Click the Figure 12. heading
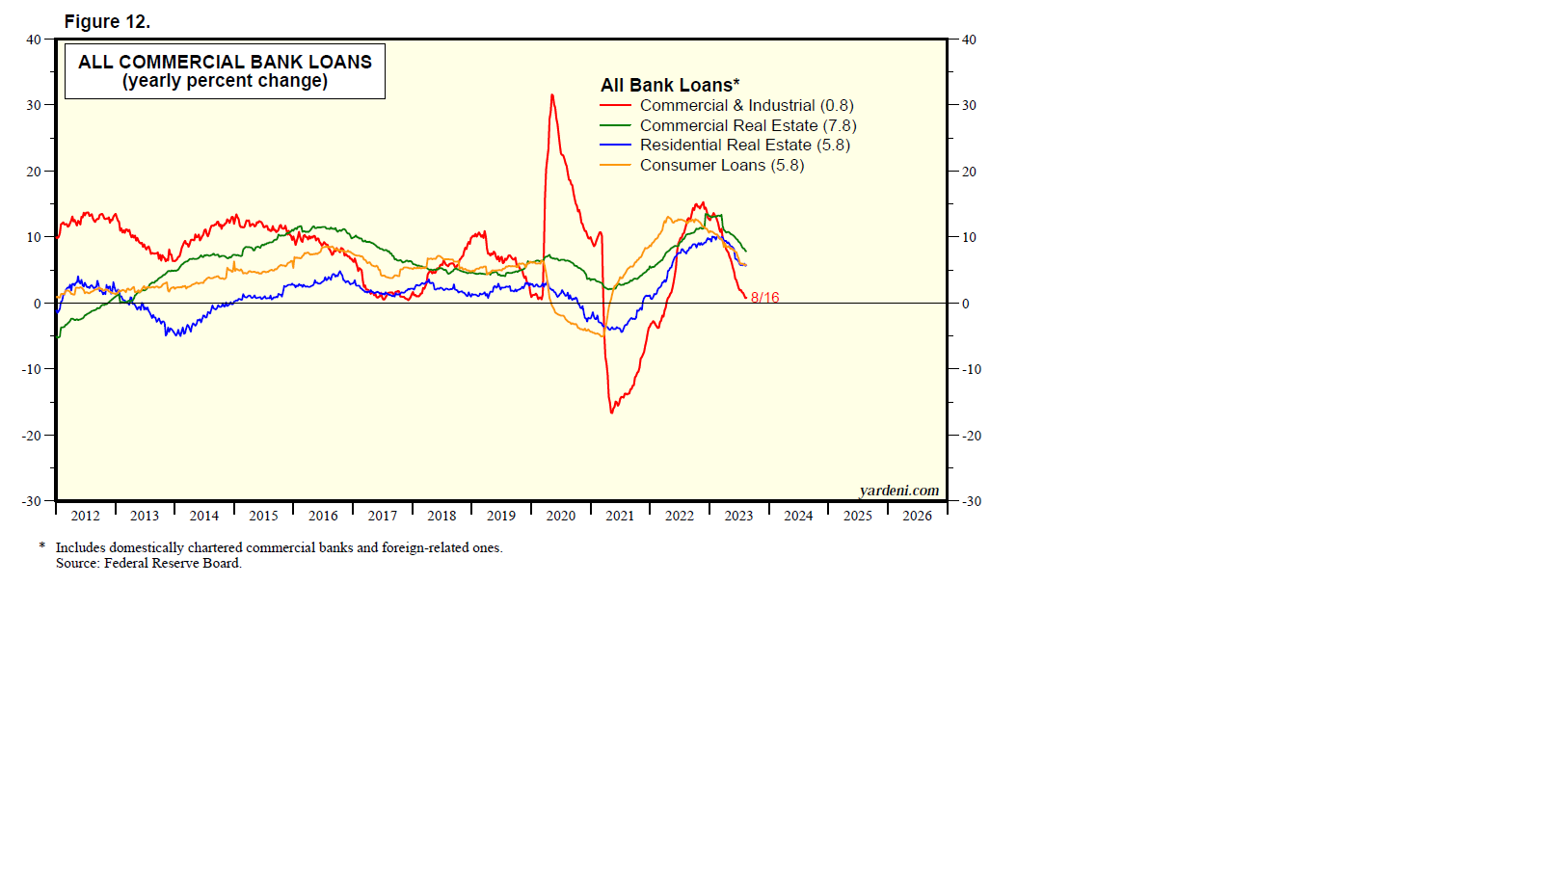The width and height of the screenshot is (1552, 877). (x=107, y=21)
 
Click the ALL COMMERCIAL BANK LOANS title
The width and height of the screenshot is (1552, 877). (x=225, y=62)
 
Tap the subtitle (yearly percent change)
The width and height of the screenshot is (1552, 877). (x=225, y=81)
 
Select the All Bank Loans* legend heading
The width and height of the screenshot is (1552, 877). (x=670, y=85)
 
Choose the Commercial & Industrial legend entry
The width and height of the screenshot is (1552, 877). (x=746, y=105)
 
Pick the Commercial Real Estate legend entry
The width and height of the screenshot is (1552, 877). (x=747, y=125)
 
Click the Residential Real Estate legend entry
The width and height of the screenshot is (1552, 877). (x=744, y=145)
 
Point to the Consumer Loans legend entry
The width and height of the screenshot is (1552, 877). (x=721, y=165)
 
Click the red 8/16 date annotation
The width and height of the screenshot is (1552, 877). (x=764, y=298)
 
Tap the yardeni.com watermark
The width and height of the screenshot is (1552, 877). (x=898, y=490)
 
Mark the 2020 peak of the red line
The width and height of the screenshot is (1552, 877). (x=551, y=94)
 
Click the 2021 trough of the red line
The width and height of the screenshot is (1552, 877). (x=611, y=412)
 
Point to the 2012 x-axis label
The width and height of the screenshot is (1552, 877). (x=85, y=516)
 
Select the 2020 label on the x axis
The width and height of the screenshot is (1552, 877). (x=560, y=516)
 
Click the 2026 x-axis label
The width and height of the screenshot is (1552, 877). (x=917, y=516)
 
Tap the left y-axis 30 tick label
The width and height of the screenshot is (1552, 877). (x=34, y=105)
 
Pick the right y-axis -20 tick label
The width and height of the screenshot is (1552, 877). (x=972, y=436)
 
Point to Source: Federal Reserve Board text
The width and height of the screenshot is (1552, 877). (x=148, y=563)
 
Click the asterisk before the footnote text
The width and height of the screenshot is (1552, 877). (x=42, y=546)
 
